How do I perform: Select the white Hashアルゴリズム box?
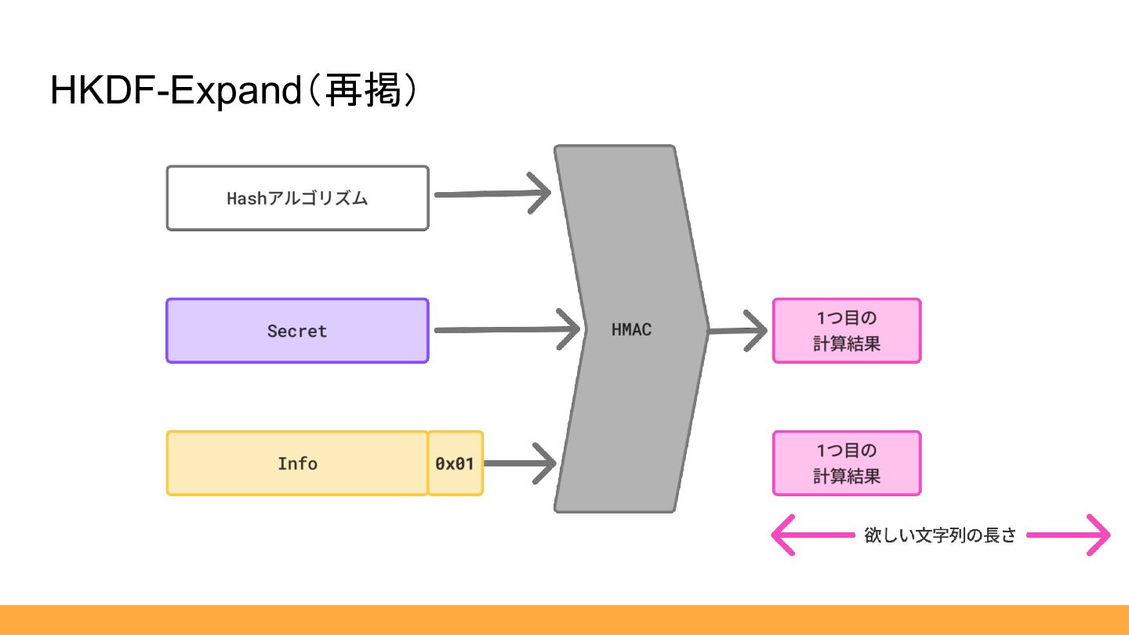(x=297, y=198)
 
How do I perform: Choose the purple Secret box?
(x=297, y=330)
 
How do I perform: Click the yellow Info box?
(x=297, y=463)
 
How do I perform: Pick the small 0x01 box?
(x=455, y=463)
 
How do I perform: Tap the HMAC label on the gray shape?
(x=631, y=329)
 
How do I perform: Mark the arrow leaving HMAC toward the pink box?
(x=737, y=330)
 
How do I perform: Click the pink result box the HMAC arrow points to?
(x=846, y=330)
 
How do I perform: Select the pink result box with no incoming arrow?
(x=846, y=463)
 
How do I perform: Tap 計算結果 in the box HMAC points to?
(x=846, y=343)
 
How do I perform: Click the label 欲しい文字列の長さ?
(x=940, y=535)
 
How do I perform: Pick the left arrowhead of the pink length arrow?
(x=781, y=535)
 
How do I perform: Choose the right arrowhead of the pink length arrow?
(x=1102, y=535)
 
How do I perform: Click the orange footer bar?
(x=564, y=619)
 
